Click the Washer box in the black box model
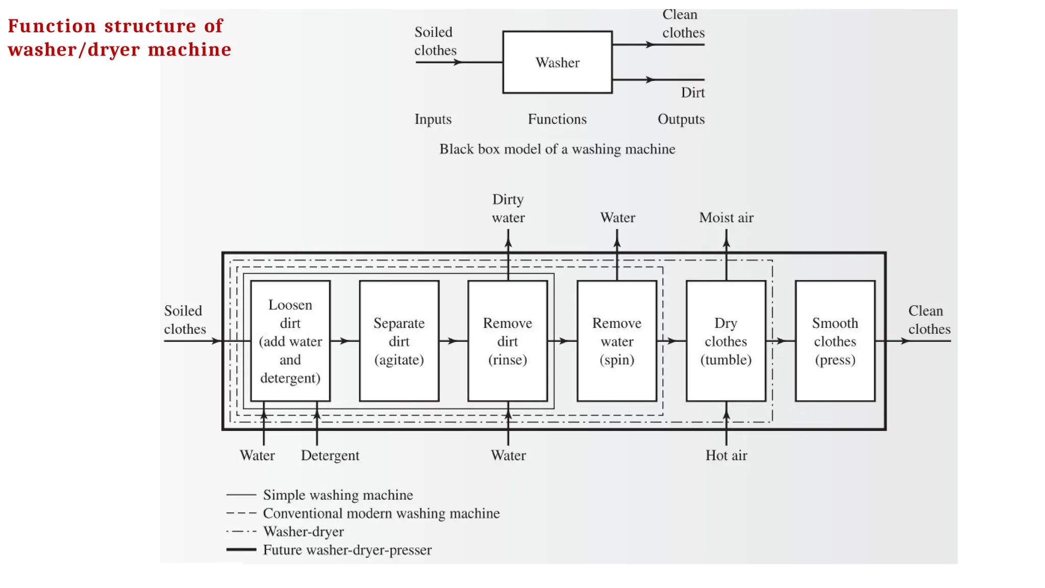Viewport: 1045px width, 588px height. point(557,62)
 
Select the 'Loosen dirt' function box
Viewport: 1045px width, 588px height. point(290,341)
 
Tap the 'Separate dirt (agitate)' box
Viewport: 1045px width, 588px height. point(399,341)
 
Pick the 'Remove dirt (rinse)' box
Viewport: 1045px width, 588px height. point(508,341)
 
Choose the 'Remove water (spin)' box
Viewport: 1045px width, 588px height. point(617,341)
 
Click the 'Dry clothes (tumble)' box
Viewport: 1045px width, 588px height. point(726,341)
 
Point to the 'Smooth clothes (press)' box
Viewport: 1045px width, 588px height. point(835,341)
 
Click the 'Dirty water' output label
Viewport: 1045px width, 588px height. point(508,208)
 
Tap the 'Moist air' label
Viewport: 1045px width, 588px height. point(726,217)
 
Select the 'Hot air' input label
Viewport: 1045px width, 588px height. point(726,455)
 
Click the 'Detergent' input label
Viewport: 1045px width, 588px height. point(330,455)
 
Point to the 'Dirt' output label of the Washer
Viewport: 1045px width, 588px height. point(692,92)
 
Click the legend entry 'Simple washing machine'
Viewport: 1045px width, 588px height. point(338,495)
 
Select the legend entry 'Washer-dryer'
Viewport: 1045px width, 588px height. point(304,531)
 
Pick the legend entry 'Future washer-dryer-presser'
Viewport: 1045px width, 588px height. point(347,550)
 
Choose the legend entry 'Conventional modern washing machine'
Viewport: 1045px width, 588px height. point(381,513)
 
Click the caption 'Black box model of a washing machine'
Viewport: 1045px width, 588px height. point(557,149)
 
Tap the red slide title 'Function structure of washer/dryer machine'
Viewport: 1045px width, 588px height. point(119,38)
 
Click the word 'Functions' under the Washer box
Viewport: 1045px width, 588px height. point(557,119)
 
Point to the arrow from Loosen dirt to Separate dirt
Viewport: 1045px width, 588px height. point(344,340)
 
